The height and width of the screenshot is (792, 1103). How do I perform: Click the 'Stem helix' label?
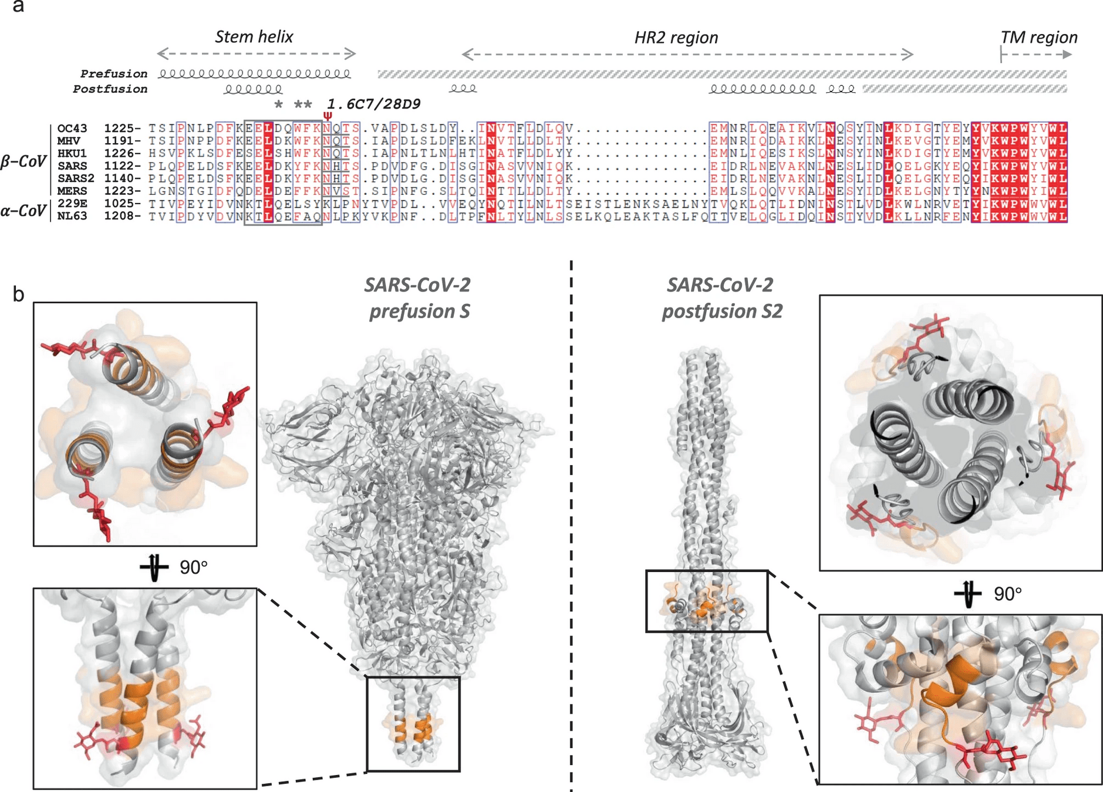click(x=254, y=37)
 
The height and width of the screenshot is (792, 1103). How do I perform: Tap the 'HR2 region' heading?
click(x=676, y=38)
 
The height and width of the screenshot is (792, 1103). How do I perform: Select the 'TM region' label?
click(x=1038, y=38)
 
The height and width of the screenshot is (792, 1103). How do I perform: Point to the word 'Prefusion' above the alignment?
click(x=114, y=74)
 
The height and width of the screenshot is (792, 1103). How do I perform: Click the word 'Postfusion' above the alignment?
click(x=110, y=89)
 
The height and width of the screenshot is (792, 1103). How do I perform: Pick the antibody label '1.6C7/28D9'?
click(x=373, y=104)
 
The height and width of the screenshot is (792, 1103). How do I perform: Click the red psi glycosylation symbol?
click(x=328, y=116)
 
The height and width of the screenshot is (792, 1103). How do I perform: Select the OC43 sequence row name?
click(x=72, y=128)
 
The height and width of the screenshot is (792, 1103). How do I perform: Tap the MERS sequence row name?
click(x=72, y=191)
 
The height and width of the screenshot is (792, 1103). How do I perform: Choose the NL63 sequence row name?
click(x=72, y=216)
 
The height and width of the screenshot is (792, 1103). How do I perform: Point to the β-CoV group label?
click(x=22, y=161)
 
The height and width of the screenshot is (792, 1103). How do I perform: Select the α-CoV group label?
click(x=22, y=211)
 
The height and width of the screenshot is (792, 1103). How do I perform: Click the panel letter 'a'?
click(x=18, y=7)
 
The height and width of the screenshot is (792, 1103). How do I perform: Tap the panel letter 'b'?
click(x=18, y=294)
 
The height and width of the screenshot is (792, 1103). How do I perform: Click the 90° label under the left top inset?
click(x=194, y=568)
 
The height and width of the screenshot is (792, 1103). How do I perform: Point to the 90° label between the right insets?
click(x=1007, y=594)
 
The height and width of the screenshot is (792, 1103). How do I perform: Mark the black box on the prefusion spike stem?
click(x=413, y=724)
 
